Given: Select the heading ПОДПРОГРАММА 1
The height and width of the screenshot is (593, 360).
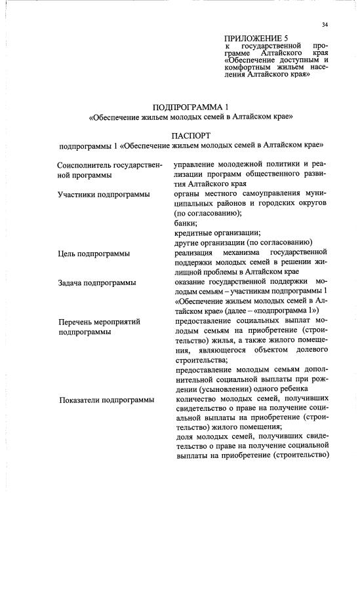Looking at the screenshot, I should tap(190, 106).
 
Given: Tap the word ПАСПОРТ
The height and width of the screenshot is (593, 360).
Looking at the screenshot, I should tap(190, 135).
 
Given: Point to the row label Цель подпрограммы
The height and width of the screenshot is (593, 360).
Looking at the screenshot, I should tap(92, 253).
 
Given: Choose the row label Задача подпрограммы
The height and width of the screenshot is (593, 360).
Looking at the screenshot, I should tap(96, 282).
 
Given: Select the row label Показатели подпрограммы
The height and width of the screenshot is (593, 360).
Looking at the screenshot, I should tap(107, 399).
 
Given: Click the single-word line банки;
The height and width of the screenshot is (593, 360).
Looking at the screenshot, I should tap(184, 223).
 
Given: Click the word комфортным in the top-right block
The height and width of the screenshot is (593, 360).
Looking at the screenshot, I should tap(250, 67).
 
